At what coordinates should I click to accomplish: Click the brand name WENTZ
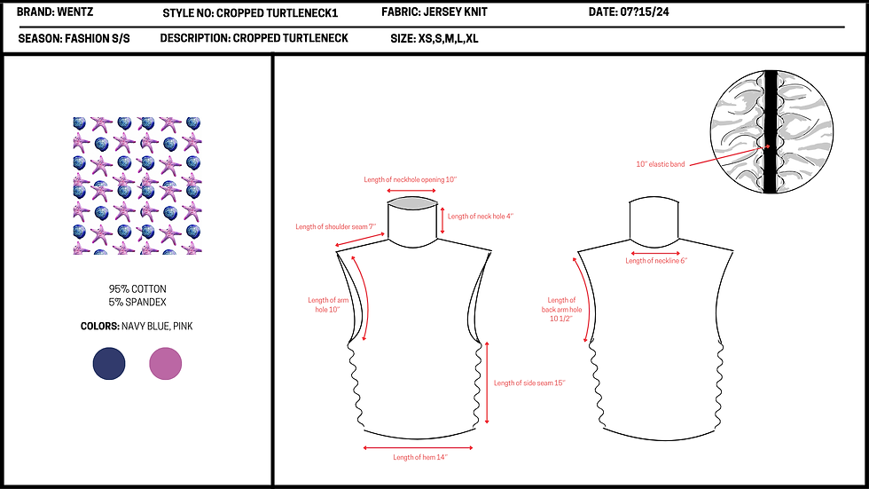pyautogui.click(x=74, y=12)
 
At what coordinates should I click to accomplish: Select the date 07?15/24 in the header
pyautogui.click(x=645, y=12)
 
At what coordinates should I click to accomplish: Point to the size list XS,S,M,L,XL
pyautogui.click(x=448, y=39)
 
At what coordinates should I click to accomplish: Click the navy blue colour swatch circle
pyautogui.click(x=109, y=364)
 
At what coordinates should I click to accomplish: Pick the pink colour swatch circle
pyautogui.click(x=166, y=364)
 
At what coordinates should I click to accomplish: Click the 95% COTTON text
pyautogui.click(x=137, y=288)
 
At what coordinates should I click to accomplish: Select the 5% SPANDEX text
pyautogui.click(x=137, y=302)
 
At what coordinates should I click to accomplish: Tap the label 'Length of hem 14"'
pyautogui.click(x=420, y=457)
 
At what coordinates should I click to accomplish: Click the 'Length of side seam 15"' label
pyautogui.click(x=529, y=383)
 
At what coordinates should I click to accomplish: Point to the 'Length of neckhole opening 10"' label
pyautogui.click(x=410, y=179)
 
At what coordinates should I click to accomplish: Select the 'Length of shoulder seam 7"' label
pyautogui.click(x=336, y=227)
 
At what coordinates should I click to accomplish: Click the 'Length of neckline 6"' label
pyautogui.click(x=656, y=261)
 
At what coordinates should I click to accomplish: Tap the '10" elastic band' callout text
pyautogui.click(x=661, y=164)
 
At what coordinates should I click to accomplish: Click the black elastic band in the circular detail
pyautogui.click(x=771, y=132)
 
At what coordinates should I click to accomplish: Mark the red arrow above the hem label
pyautogui.click(x=418, y=447)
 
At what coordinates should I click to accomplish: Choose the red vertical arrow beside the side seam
pyautogui.click(x=487, y=383)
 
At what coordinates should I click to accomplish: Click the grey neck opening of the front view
pyautogui.click(x=412, y=203)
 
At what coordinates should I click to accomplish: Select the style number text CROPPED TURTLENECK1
pyautogui.click(x=277, y=12)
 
